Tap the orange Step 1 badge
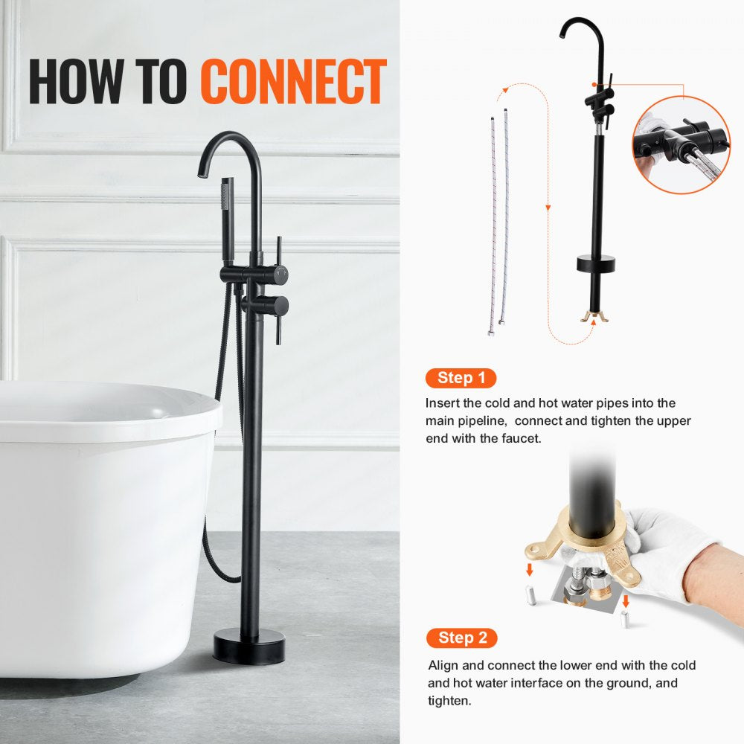pyautogui.click(x=461, y=378)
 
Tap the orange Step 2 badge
pyautogui.click(x=461, y=638)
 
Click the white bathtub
pyautogui.click(x=97, y=521)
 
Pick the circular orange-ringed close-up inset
pyautogui.click(x=682, y=145)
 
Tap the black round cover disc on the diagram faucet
pyautogui.click(x=596, y=263)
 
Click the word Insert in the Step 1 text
pyautogui.click(x=442, y=403)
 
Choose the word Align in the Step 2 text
pyautogui.click(x=443, y=665)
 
